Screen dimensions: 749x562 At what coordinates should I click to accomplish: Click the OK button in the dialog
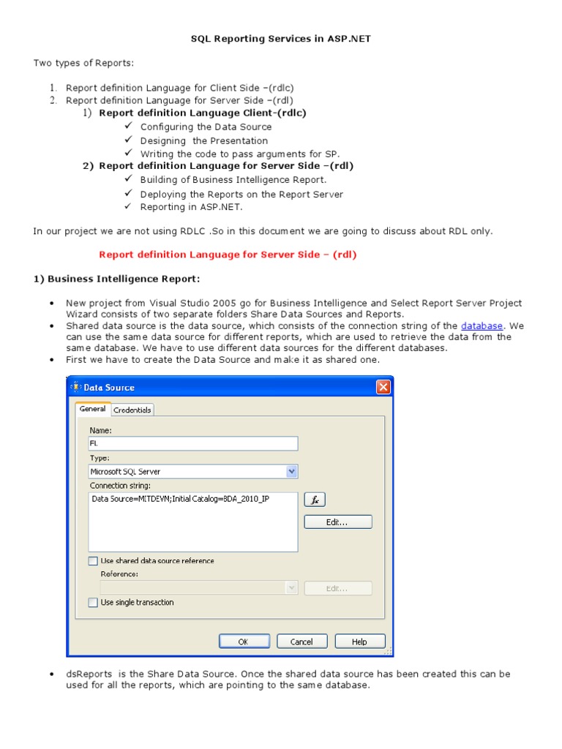tap(244, 641)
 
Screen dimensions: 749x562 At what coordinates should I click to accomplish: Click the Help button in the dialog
tap(359, 641)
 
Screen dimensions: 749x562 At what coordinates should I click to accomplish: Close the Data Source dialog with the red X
tap(383, 387)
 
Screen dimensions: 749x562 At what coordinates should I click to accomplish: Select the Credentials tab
tap(132, 410)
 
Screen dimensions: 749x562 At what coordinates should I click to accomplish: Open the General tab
tap(93, 409)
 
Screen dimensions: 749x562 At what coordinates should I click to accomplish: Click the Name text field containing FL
tap(193, 443)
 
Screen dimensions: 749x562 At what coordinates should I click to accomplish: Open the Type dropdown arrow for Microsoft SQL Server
tap(292, 472)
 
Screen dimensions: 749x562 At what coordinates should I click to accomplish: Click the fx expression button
tap(314, 500)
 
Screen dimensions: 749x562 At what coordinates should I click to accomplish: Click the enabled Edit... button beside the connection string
tap(337, 522)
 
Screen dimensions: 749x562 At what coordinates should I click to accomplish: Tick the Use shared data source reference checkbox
tap(93, 561)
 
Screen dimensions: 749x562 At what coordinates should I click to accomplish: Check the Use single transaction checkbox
tap(93, 603)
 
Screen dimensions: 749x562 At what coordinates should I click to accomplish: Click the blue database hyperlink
tap(482, 325)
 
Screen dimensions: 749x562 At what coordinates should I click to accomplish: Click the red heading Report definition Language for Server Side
tap(228, 255)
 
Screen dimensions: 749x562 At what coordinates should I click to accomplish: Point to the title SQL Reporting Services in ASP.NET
tap(281, 39)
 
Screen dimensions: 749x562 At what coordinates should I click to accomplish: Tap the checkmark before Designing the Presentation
tap(128, 140)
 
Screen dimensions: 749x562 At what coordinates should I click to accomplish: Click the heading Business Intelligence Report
tap(116, 279)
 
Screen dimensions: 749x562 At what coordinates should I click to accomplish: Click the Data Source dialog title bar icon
tap(75, 387)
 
